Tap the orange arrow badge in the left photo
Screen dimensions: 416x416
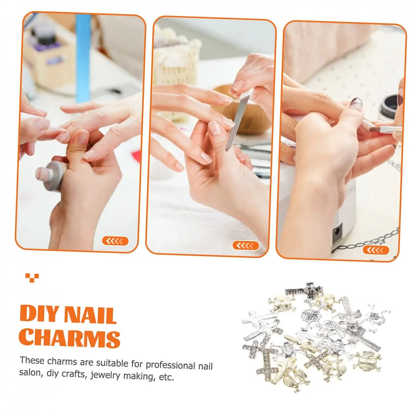[115, 241]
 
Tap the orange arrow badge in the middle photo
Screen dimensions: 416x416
[245, 245]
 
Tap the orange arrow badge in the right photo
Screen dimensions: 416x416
[376, 250]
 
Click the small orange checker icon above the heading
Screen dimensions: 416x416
[32, 277]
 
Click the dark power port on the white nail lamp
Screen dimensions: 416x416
[337, 230]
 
